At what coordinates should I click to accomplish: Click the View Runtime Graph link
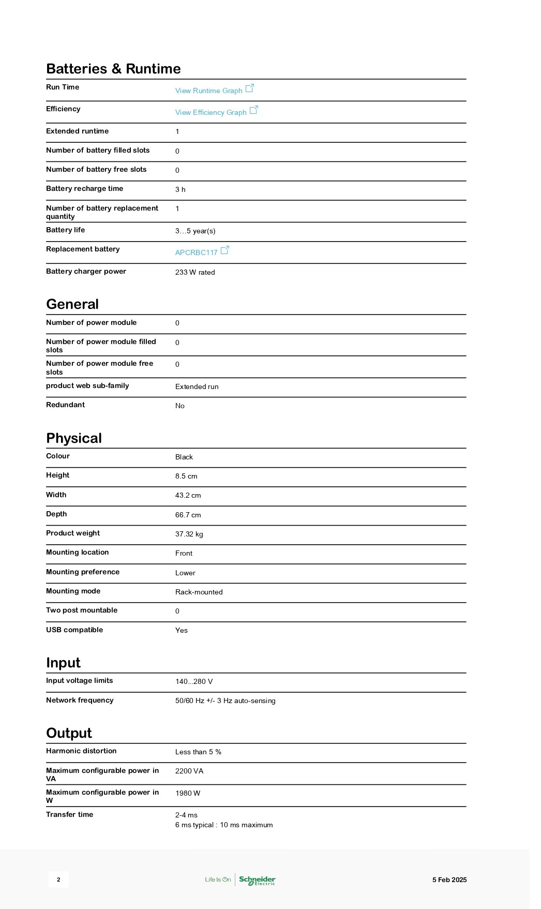[208, 91]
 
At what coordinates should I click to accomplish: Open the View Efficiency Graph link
[211, 112]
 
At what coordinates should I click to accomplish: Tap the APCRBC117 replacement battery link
[196, 252]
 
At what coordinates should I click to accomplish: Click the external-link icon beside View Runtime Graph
[249, 88]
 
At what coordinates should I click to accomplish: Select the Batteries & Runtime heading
[113, 69]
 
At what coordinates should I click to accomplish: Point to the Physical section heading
[74, 438]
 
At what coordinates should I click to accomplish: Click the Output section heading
[69, 733]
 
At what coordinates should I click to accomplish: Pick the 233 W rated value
[195, 272]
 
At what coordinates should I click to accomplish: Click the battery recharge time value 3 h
[180, 189]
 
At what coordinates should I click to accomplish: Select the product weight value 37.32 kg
[189, 534]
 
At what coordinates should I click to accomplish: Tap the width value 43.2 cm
[188, 495]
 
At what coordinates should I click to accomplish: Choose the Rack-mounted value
[199, 592]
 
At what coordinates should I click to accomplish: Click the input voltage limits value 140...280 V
[194, 681]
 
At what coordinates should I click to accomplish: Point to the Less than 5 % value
[198, 752]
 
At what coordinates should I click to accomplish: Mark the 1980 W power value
[187, 793]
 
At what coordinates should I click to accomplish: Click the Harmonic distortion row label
[81, 751]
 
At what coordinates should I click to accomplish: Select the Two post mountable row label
[82, 610]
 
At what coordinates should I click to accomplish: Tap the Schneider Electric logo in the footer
[257, 880]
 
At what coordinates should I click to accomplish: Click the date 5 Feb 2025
[449, 880]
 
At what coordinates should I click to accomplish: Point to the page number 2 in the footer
[58, 880]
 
